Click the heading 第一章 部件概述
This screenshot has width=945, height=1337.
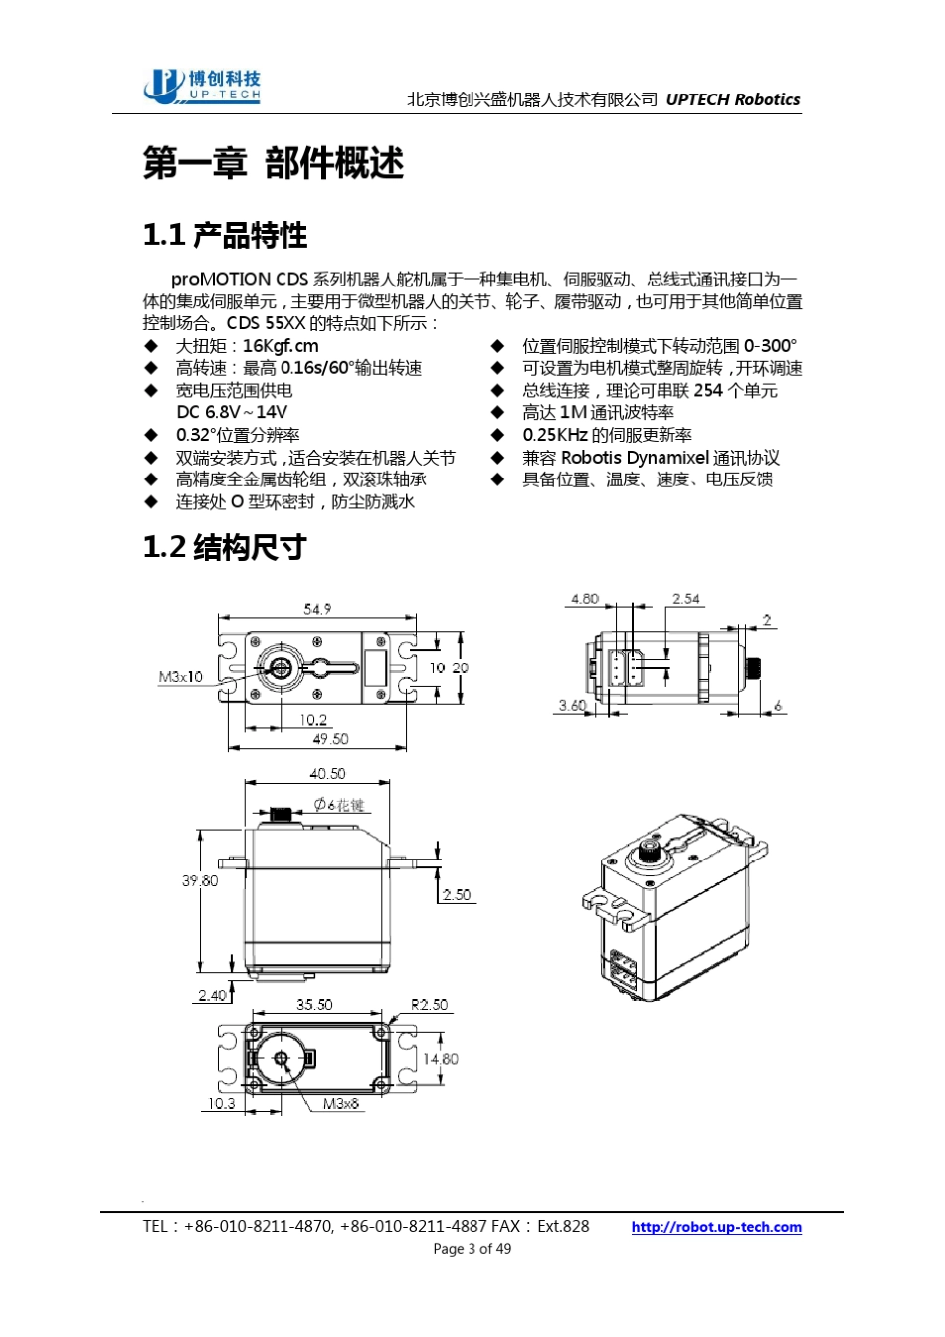(274, 163)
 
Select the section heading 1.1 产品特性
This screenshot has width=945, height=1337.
(225, 235)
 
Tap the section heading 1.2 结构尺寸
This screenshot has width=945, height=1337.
(224, 547)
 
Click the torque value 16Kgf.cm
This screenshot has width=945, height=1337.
(281, 346)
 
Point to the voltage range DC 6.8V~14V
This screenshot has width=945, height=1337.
(232, 412)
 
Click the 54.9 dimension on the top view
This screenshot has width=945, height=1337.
(317, 609)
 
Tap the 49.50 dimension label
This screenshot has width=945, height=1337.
(330, 739)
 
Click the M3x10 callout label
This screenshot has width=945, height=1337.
(180, 677)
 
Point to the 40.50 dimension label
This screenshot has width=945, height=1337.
(327, 773)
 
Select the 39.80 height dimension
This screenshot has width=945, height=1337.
(200, 880)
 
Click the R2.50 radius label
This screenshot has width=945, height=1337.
(429, 1005)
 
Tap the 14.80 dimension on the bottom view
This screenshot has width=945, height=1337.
(440, 1059)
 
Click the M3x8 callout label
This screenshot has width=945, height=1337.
(341, 1104)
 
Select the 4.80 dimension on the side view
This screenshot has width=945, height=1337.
(585, 599)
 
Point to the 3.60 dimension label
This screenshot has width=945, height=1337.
(572, 705)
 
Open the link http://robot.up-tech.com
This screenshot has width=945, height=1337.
(715, 1227)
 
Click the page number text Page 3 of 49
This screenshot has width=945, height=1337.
(472, 1249)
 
